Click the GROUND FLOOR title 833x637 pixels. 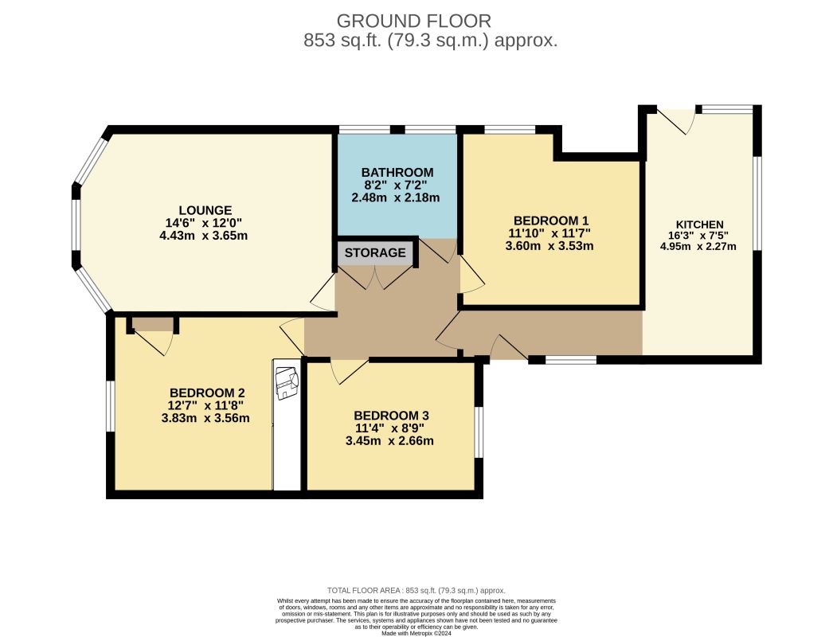coord(414,21)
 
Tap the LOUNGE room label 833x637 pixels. coord(205,210)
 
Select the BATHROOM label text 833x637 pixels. coord(397,173)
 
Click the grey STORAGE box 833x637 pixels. coord(375,253)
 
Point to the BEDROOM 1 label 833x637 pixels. coord(551,221)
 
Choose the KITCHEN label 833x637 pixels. coord(700,225)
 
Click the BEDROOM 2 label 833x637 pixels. coord(207,393)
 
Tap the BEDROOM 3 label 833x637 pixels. coord(392,416)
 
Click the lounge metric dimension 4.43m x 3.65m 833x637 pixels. coord(203,236)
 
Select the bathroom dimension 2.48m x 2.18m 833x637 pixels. coord(396,197)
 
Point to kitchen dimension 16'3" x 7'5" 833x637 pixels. coord(698,236)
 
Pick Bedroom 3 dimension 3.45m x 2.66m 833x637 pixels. coord(389,441)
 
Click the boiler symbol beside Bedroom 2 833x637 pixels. coord(287,382)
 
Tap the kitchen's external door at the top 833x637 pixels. coord(676,122)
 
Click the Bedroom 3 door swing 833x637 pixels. coord(349,371)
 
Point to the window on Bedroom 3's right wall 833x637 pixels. coord(479,432)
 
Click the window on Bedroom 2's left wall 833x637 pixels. coord(111,406)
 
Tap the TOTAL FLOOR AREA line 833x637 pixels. coord(416,590)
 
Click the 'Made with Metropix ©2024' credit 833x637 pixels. coord(416,633)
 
